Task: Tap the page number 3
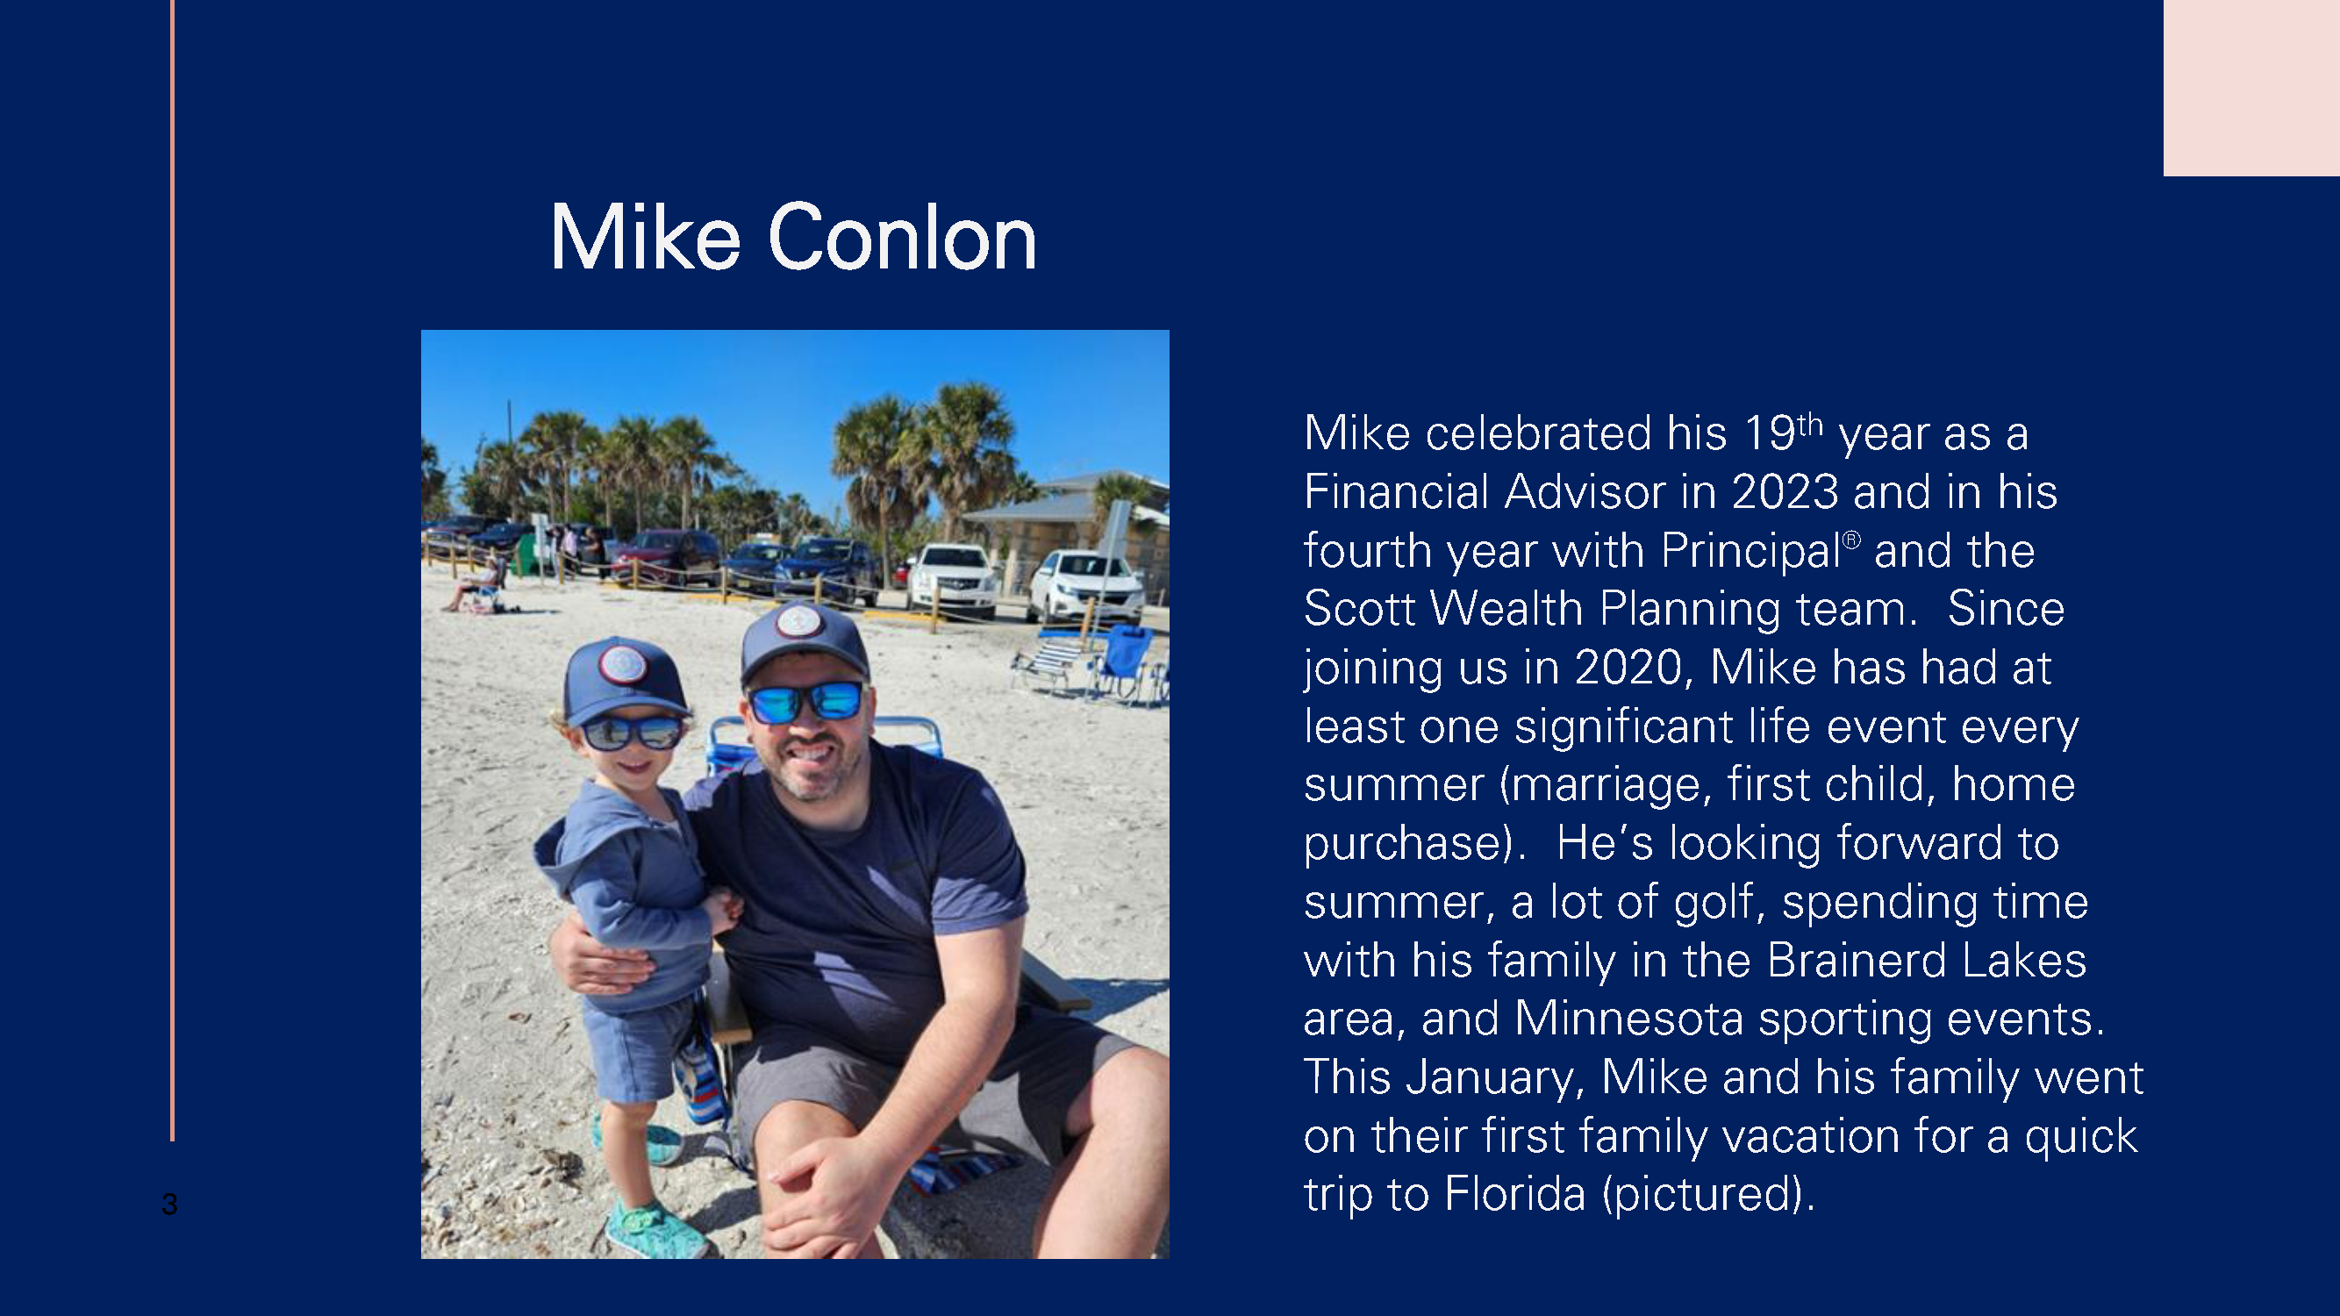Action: tap(169, 1205)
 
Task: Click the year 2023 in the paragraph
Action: tap(1785, 492)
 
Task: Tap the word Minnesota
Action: tap(1628, 1018)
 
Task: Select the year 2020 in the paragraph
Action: tap(1628, 669)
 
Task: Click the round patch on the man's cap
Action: tap(799, 621)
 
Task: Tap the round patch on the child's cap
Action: tap(622, 664)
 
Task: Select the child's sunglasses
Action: tap(633, 732)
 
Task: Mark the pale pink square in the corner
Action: tap(2251, 88)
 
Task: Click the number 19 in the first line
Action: tap(1770, 433)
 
